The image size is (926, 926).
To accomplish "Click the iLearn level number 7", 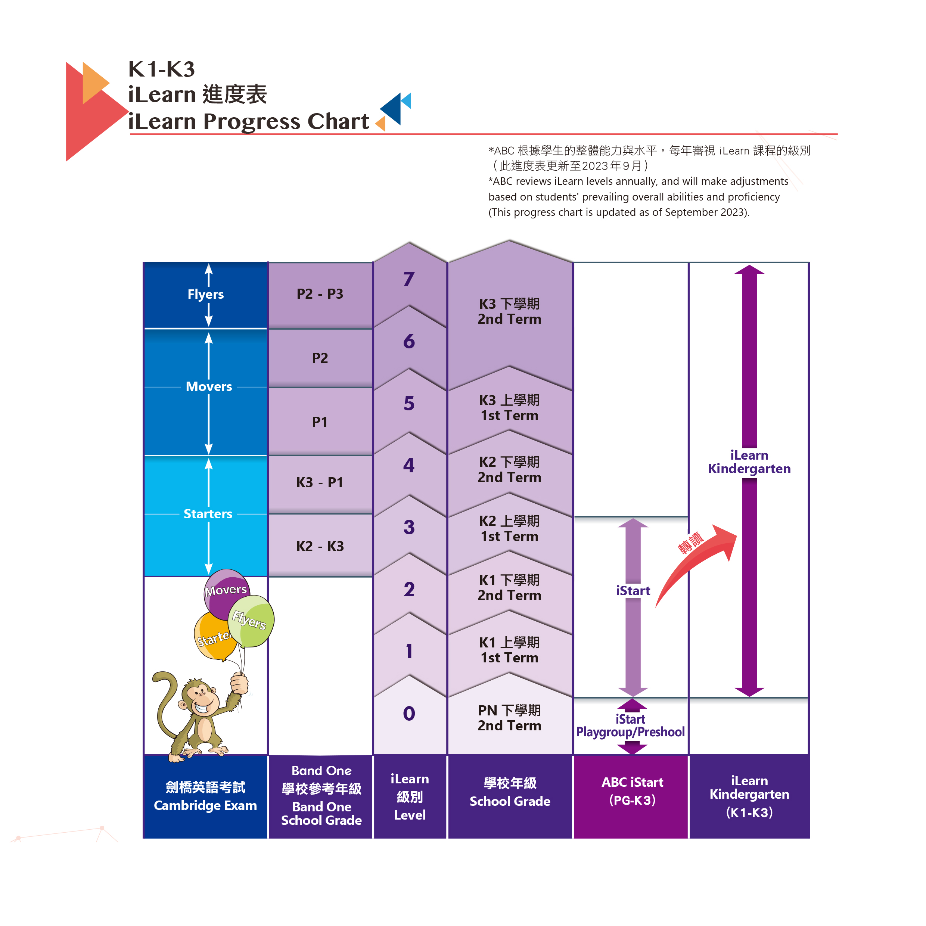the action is (409, 279).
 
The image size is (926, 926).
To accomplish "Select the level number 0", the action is (409, 713).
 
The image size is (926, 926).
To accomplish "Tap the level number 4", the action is (409, 465).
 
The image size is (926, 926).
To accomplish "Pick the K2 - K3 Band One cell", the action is (320, 546).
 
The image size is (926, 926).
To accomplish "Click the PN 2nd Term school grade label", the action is (510, 718).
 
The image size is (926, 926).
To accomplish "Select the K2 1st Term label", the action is (510, 528).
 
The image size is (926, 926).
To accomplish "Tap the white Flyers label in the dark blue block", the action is (206, 294).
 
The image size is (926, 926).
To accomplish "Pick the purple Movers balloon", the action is (226, 593).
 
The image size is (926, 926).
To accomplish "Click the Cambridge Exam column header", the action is (205, 796).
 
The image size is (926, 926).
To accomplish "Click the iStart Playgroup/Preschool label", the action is (630, 725).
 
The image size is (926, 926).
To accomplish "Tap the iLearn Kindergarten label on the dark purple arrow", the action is (749, 462).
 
